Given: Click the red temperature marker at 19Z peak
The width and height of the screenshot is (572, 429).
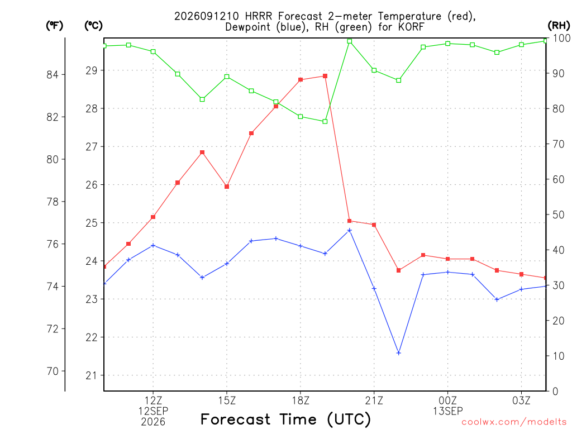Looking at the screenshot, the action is point(325,76).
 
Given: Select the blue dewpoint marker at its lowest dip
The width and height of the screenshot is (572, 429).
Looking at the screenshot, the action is point(399,353).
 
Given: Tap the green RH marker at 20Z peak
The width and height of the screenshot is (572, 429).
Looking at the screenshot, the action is point(350,41).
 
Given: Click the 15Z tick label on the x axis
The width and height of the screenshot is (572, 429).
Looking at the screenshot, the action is point(227,401).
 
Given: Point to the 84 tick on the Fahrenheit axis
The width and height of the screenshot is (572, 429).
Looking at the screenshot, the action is point(53,75).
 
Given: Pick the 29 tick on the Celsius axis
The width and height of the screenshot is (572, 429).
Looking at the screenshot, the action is point(92,70).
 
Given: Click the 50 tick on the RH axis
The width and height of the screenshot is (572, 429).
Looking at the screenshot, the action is point(558,215).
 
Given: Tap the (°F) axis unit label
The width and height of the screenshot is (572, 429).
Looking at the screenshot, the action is point(54,26).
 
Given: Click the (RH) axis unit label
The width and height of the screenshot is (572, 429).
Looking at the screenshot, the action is point(559,26).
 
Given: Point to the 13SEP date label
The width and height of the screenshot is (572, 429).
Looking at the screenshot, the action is point(448,411).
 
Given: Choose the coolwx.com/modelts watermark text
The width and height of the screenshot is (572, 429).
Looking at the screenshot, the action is point(514,422).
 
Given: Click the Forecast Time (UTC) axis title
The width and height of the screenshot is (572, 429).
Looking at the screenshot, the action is point(285,420).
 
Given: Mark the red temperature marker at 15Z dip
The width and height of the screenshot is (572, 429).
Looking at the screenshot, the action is point(227,187).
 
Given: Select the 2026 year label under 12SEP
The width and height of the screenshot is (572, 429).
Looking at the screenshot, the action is point(153,422).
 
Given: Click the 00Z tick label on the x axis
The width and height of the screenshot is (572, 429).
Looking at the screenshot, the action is point(448,401).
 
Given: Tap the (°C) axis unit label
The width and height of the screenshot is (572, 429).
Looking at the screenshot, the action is point(93,26).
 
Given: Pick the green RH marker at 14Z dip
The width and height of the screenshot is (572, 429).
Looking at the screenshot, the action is point(202,99).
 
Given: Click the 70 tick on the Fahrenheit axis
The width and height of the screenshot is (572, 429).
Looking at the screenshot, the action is point(53,371).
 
